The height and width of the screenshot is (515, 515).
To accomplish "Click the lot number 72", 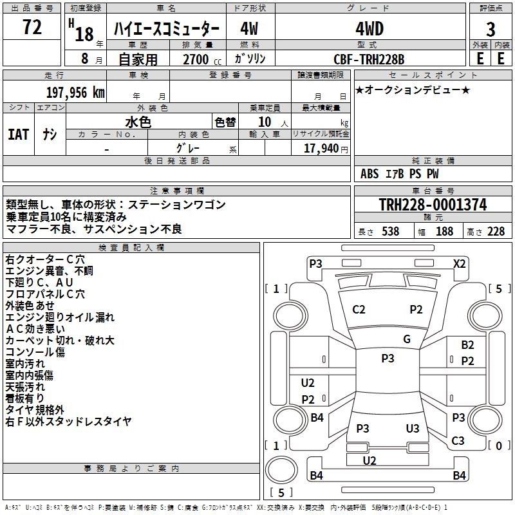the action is click(32, 27).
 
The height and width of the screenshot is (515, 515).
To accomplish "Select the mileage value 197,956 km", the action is click(75, 93).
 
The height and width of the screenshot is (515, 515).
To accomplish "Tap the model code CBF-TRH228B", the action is click(369, 59).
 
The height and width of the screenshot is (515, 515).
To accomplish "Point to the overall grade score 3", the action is click(491, 30).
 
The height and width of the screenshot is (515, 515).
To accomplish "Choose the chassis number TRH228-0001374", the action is click(433, 204).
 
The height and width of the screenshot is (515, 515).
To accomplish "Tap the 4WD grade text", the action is click(370, 29).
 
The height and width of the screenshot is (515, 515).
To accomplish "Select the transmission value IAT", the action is click(19, 135).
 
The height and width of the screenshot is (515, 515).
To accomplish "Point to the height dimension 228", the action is click(496, 231).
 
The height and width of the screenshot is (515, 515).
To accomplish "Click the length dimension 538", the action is click(391, 231).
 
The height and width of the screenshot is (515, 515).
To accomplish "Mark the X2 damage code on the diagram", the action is click(459, 264).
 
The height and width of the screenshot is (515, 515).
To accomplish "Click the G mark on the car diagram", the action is click(407, 339).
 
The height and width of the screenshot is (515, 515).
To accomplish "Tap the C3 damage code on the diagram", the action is click(458, 440).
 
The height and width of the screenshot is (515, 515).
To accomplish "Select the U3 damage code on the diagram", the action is click(413, 428).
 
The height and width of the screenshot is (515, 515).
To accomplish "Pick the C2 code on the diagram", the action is click(359, 310).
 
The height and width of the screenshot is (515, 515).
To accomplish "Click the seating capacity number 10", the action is click(265, 122).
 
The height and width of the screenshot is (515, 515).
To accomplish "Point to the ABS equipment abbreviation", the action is click(370, 174).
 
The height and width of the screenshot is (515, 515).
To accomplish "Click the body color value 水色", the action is click(138, 122).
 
